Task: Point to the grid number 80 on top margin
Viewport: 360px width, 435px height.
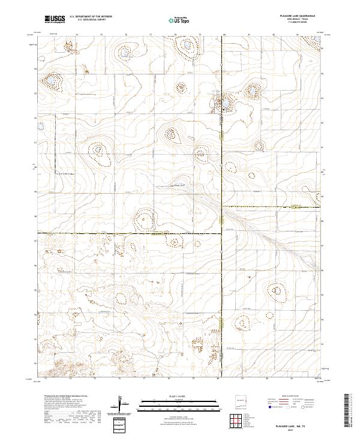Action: click(x=223, y=35)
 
